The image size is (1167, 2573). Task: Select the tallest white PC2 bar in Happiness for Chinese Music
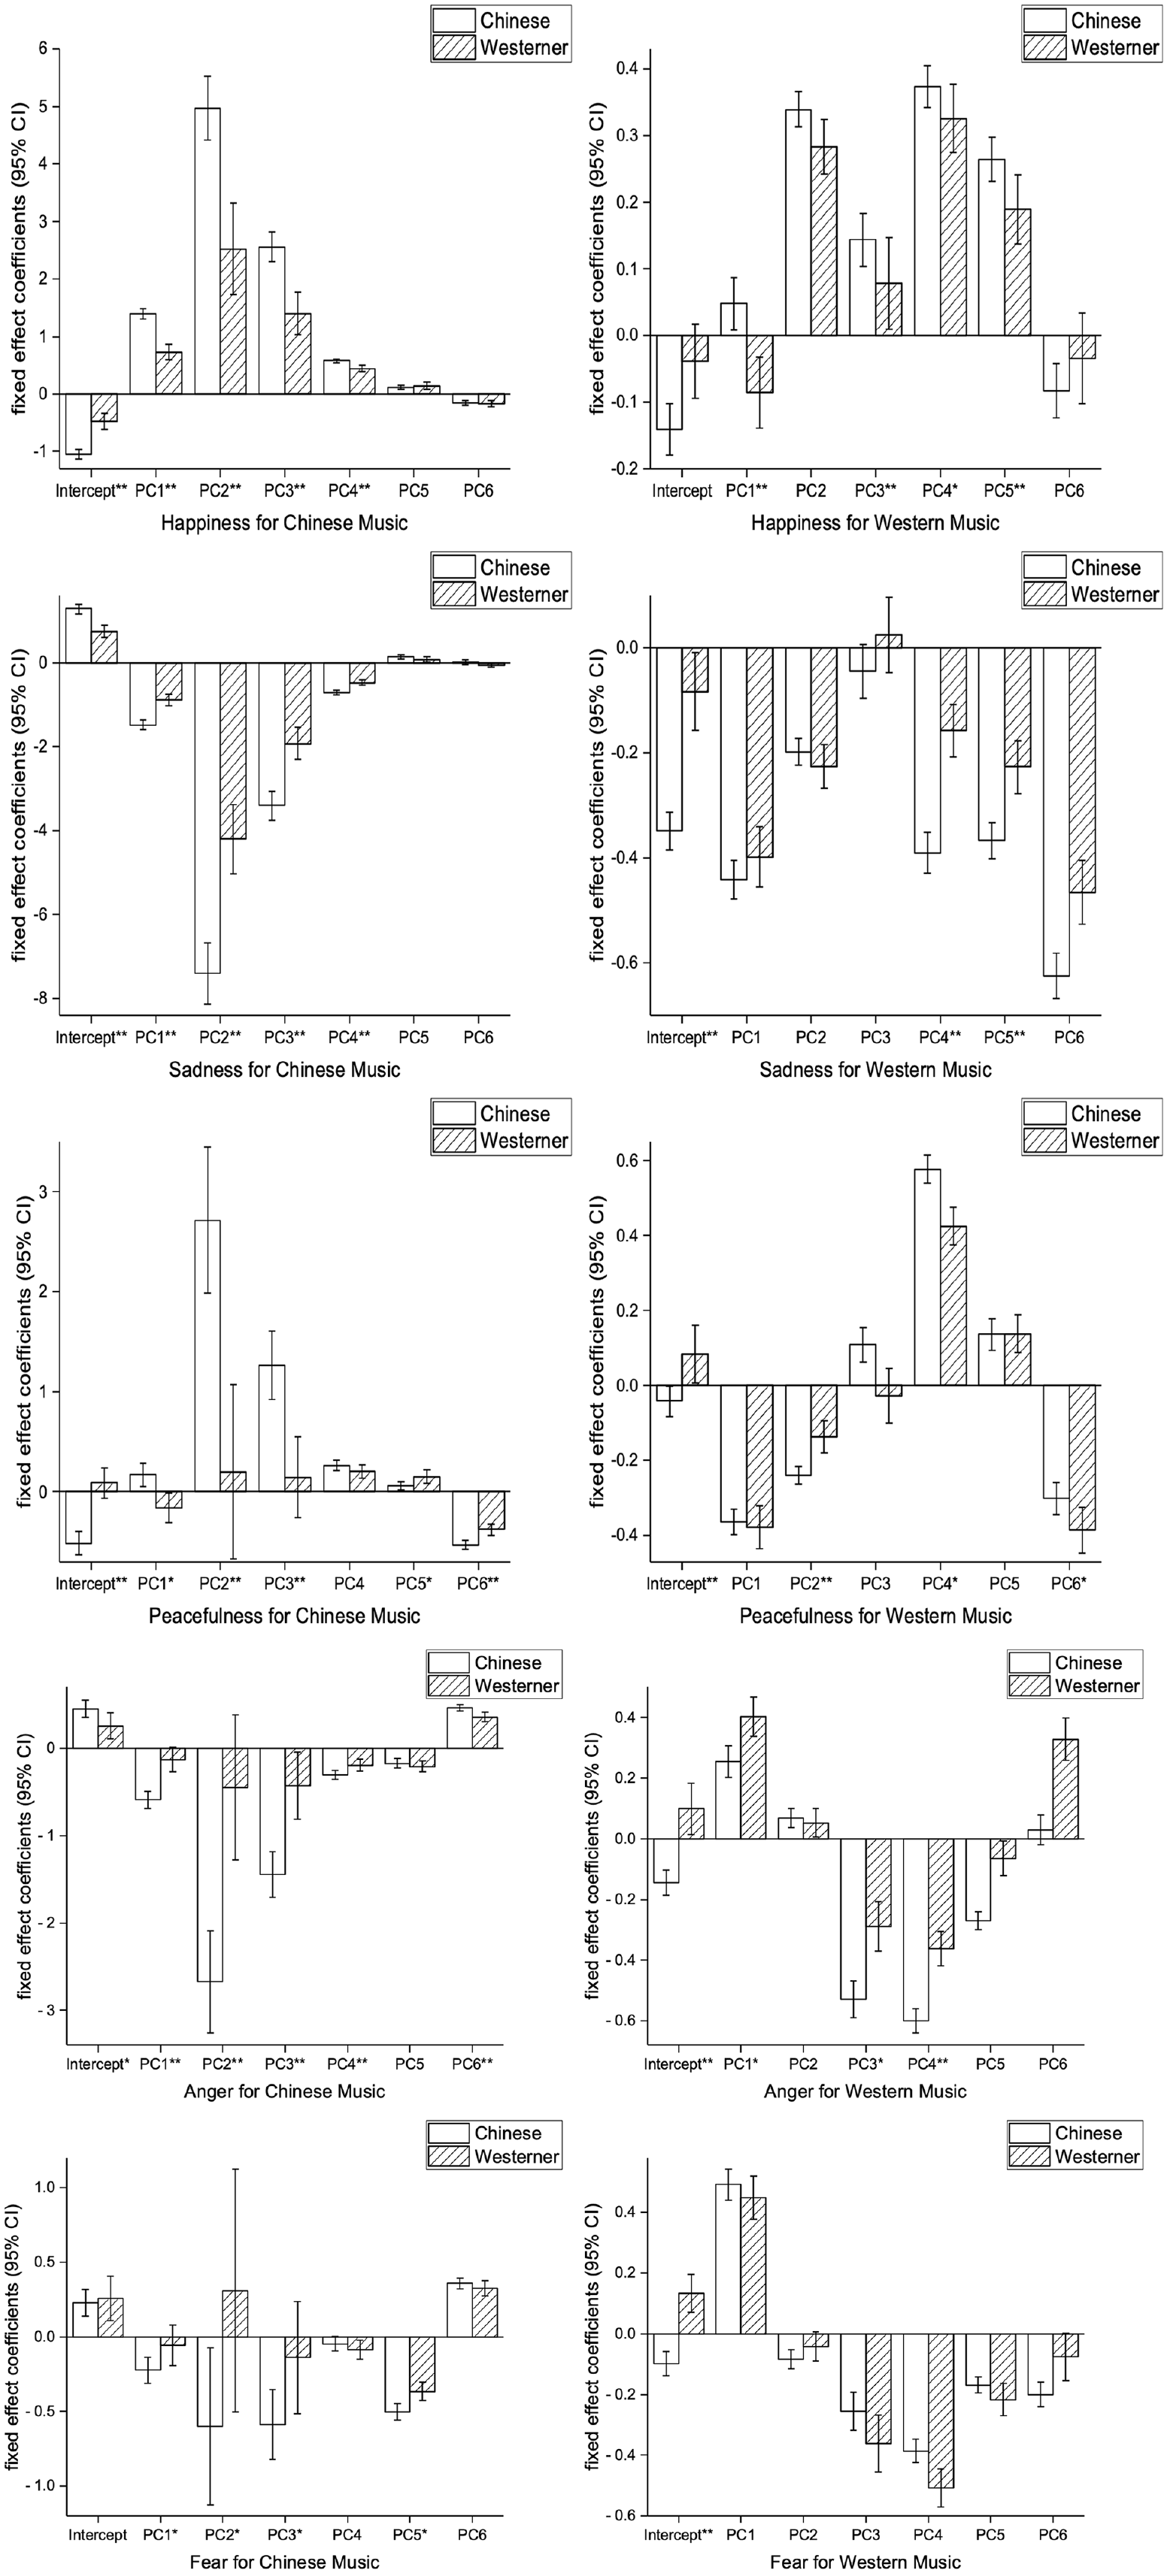pos(208,251)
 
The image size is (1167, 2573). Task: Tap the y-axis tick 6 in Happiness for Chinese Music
pos(42,48)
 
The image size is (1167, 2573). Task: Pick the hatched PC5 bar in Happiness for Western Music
pos(1017,272)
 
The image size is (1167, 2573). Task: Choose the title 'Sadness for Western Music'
pos(875,1070)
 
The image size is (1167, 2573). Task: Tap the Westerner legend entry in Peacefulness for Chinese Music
pos(502,1141)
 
